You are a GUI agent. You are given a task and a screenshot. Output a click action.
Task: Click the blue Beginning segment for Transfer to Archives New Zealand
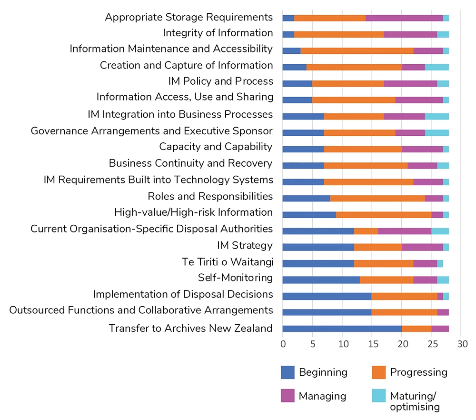[342, 329]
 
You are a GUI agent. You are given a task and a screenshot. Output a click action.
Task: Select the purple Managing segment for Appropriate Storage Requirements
[404, 18]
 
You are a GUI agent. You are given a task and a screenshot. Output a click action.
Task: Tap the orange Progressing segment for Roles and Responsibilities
[377, 198]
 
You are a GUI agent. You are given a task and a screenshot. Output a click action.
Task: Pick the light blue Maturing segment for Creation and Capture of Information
[437, 67]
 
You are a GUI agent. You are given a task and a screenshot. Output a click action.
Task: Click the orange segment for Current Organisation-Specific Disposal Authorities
[366, 231]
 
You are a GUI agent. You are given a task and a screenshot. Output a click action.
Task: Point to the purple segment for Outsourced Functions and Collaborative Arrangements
[443, 312]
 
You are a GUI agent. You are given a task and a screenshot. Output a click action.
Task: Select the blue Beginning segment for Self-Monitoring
[321, 280]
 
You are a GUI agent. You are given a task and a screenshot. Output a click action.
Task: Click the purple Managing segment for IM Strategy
[422, 247]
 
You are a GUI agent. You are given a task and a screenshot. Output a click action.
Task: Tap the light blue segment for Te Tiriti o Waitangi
[440, 263]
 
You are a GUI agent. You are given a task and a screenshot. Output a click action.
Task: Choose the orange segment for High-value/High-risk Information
[384, 214]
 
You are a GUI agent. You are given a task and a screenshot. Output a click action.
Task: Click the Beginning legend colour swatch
[288, 372]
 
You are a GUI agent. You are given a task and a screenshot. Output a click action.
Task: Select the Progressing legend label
[418, 372]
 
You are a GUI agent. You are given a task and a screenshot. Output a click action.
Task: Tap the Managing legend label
[322, 396]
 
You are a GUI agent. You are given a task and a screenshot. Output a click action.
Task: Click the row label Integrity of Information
[218, 33]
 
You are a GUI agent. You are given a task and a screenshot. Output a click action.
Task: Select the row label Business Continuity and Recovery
[190, 163]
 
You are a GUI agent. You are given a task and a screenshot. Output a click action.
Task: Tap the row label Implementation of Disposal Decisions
[183, 294]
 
